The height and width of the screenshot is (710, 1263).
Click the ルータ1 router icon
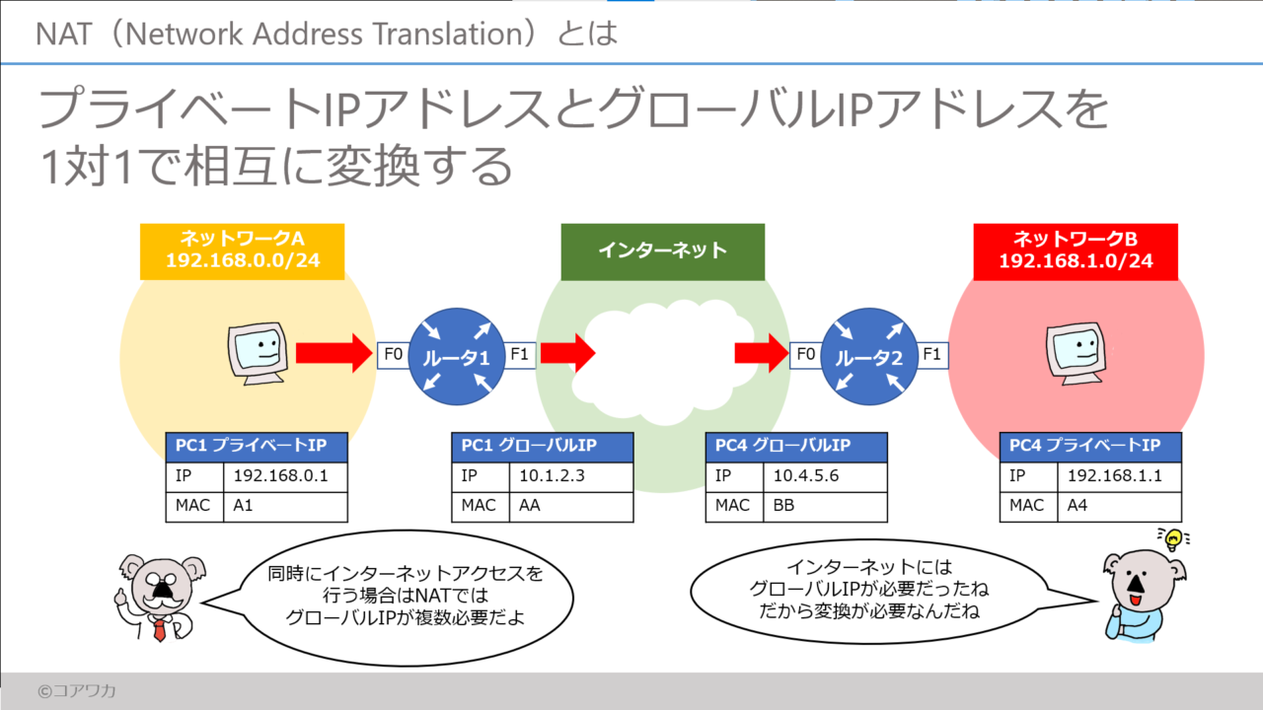pyautogui.click(x=456, y=355)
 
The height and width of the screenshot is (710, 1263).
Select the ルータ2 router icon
pyautogui.click(x=869, y=355)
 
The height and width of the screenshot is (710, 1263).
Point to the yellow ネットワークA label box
pyautogui.click(x=242, y=251)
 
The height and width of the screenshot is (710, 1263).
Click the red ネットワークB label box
pyautogui.click(x=1076, y=251)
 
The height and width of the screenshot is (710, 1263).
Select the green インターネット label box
pyautogui.click(x=662, y=250)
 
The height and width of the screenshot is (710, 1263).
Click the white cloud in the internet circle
pyautogui.click(x=662, y=355)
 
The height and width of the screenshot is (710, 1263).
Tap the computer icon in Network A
pyautogui.click(x=259, y=352)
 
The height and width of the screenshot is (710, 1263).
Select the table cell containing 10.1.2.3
pyautogui.click(x=572, y=477)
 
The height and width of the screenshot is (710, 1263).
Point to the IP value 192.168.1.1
pyautogui.click(x=1120, y=477)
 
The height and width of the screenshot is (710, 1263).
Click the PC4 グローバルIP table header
pyautogui.click(x=796, y=447)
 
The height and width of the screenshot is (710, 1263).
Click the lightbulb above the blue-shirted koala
pyautogui.click(x=1172, y=538)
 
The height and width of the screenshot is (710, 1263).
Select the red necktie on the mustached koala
pyautogui.click(x=159, y=628)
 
